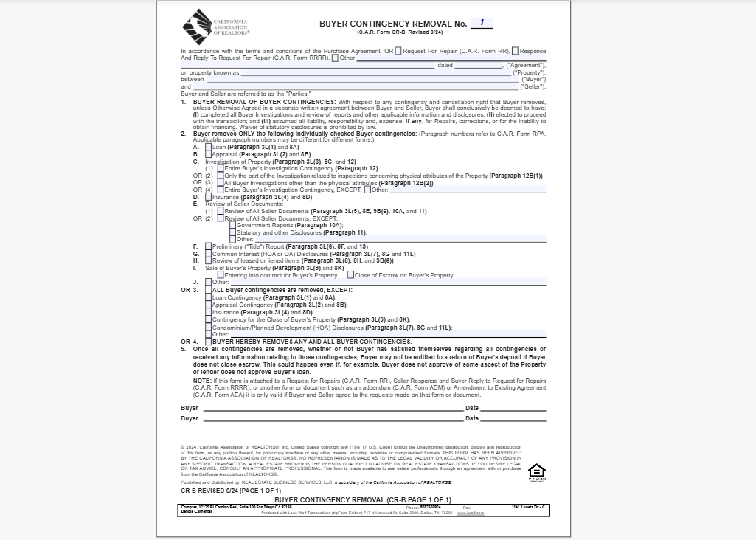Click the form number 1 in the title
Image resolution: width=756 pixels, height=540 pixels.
(482, 23)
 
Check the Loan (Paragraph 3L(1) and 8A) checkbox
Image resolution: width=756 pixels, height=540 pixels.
(209, 147)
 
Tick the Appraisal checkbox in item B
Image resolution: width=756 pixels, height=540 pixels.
(209, 154)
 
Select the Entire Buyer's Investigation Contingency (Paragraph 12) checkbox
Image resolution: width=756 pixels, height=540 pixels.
(221, 168)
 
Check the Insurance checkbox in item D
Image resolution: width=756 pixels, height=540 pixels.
(209, 197)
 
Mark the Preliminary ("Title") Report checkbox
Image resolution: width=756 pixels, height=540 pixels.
(209, 246)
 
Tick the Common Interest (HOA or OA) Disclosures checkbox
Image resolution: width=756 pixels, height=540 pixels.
(209, 254)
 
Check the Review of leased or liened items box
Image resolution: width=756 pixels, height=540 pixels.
(209, 260)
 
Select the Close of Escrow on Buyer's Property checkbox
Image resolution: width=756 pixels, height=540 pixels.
(350, 275)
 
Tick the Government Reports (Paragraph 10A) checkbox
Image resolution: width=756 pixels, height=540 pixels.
(233, 225)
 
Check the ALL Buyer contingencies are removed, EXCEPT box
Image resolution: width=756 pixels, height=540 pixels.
(209, 290)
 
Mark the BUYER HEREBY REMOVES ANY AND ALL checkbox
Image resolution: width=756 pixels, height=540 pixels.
(209, 342)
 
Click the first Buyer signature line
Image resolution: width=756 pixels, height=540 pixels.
(332, 408)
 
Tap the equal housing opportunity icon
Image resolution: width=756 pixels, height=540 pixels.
(537, 471)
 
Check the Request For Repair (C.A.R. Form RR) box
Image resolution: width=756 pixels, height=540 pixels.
(398, 51)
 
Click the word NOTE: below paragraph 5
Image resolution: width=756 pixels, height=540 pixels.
(202, 381)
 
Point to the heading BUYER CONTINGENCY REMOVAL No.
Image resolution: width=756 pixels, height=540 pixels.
(392, 24)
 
